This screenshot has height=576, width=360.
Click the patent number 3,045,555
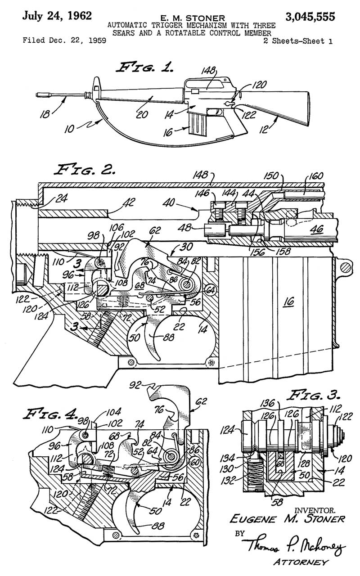pyautogui.click(x=310, y=17)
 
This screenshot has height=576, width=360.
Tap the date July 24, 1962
pyautogui.click(x=57, y=16)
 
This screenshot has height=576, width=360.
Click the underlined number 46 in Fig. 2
pyautogui.click(x=317, y=229)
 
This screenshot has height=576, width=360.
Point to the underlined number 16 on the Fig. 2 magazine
pyautogui.click(x=289, y=301)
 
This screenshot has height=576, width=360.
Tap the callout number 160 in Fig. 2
pyautogui.click(x=315, y=176)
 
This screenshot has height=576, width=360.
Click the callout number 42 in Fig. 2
pyautogui.click(x=129, y=202)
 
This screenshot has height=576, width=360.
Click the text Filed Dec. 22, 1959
pyautogui.click(x=64, y=40)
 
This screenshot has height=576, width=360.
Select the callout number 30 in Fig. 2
pyautogui.click(x=186, y=247)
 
